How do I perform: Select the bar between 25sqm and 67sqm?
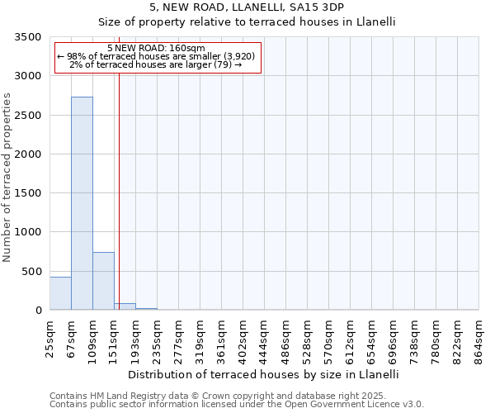pos(60,293)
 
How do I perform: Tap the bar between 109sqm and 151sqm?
pos(103,281)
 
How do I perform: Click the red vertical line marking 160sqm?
pos(119,182)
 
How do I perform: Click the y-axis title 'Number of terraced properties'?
pos(7,178)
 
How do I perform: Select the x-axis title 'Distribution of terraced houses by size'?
pos(263,374)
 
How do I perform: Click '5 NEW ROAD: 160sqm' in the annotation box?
pos(156,48)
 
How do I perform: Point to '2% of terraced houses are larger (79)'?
pos(156,64)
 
